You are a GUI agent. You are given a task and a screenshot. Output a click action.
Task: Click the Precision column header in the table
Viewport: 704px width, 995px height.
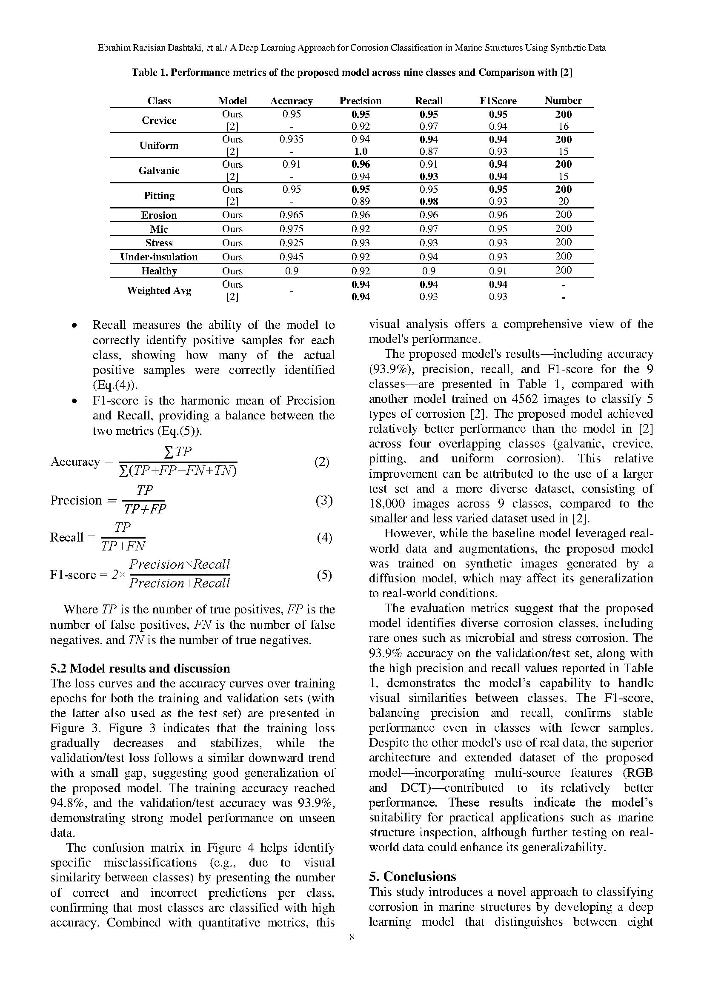360,101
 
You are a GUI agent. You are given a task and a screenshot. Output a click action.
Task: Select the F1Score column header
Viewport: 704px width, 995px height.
498,101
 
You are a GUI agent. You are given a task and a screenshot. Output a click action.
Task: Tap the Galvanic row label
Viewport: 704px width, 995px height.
159,171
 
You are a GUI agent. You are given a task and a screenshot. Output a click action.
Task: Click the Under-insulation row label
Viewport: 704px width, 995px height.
159,257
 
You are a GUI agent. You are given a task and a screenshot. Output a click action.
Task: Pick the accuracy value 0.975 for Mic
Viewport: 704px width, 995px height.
291,229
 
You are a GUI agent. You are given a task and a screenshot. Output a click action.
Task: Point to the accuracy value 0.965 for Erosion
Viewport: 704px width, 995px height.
291,215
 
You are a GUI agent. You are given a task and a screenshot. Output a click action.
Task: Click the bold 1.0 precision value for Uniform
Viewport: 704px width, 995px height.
360,152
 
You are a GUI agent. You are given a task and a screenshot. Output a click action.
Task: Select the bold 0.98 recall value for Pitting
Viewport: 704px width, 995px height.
429,202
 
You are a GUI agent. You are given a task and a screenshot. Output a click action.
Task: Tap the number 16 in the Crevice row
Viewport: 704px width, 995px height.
564,126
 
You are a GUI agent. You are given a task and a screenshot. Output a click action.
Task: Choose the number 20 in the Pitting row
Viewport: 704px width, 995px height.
564,202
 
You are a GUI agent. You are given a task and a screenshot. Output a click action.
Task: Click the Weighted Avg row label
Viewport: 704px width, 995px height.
159,291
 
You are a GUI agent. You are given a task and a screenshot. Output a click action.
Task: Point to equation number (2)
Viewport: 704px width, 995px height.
322,462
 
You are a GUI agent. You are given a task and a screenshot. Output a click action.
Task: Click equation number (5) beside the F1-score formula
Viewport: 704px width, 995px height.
324,575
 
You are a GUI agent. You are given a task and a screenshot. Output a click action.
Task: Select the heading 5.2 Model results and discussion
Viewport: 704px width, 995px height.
140,668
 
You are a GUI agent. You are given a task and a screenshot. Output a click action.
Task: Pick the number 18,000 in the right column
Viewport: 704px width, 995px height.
388,504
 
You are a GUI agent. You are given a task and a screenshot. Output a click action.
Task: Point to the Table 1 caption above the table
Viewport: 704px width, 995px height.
352,72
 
